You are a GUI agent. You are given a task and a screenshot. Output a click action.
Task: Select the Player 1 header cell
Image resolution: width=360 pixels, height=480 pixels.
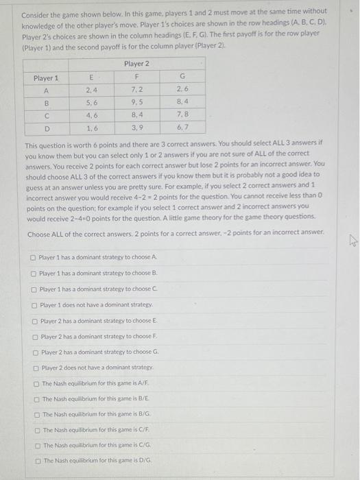(46, 77)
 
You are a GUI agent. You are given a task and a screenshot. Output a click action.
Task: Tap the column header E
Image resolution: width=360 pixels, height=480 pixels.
(91, 77)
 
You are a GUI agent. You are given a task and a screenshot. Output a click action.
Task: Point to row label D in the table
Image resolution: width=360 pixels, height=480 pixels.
(47, 128)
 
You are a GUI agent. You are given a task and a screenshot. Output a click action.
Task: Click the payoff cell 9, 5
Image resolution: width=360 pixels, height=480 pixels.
(137, 103)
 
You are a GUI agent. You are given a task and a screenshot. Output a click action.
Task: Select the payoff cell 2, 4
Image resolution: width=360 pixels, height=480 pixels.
(91, 90)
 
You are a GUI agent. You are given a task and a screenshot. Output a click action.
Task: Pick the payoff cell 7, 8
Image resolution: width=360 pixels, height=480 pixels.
(182, 115)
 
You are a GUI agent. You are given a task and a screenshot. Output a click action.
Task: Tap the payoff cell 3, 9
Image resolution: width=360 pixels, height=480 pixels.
(137, 128)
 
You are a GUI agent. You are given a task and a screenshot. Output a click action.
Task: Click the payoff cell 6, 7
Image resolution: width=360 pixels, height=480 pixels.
(182, 128)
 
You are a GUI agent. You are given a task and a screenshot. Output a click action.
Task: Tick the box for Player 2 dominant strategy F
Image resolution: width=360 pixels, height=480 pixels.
(34, 336)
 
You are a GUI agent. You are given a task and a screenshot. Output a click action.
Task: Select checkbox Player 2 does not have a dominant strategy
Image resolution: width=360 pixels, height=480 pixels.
(34, 368)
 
